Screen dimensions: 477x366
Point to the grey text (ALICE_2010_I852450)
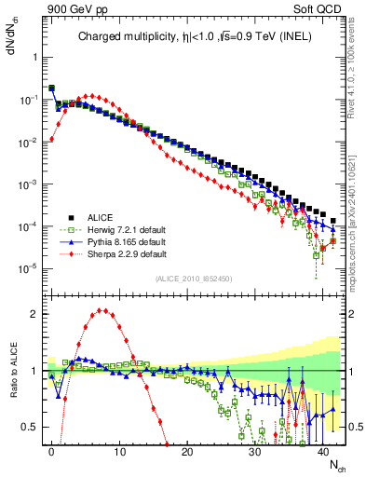193,279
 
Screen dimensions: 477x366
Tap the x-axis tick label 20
187,451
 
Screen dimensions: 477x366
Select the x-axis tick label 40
323,451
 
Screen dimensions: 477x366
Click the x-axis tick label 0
51,451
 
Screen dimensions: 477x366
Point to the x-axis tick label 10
119,451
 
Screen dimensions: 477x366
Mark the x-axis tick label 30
255,451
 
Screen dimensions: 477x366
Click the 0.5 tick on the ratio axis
28,427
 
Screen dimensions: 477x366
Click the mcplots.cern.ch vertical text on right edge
354,242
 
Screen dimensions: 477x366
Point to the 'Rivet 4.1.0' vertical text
354,75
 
